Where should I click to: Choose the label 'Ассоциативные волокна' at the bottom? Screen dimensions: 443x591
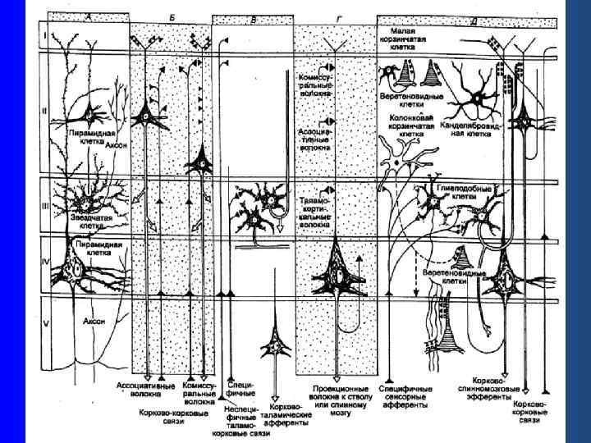(155, 390)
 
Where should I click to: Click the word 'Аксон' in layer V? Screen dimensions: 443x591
(97, 322)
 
